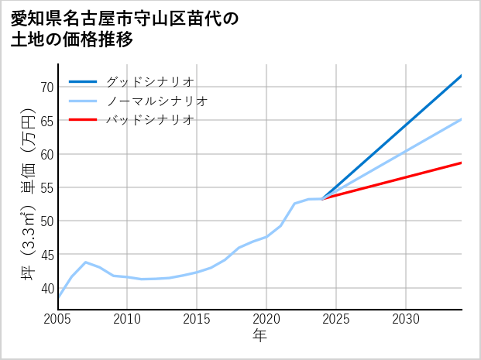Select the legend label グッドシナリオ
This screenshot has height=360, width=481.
pos(149,81)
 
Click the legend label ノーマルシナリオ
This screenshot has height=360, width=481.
pos(156,101)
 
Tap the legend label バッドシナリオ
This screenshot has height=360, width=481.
pos(149,120)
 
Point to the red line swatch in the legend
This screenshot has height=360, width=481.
pos(83,120)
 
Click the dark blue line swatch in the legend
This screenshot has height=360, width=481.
pos(83,81)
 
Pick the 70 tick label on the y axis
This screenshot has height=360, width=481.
pos(46,87)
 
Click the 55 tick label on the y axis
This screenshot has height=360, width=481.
pos(46,187)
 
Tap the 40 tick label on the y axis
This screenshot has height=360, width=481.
pos(46,288)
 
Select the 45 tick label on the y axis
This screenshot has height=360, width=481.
pos(46,255)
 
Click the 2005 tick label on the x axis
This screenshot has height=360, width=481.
pos(58,319)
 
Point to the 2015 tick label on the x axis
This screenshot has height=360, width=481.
pos(197,319)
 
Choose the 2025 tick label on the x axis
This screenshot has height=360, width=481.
pos(336,319)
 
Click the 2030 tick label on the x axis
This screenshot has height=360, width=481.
pos(406,319)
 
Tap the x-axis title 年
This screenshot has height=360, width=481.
pos(260,336)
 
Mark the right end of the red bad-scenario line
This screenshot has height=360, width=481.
pos(462,163)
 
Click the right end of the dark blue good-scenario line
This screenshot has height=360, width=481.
pos(462,76)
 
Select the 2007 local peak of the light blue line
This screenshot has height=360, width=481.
pos(86,262)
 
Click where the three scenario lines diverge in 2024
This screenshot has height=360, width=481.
pos(322,199)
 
